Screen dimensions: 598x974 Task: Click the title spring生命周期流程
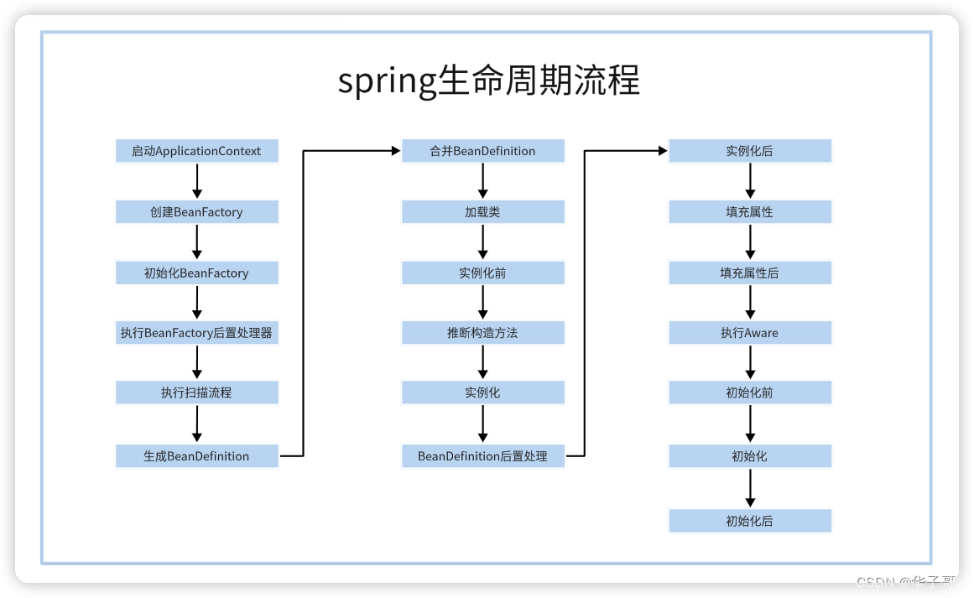click(488, 81)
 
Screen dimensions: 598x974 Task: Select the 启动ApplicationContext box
click(196, 151)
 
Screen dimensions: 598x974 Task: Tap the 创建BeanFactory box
click(196, 212)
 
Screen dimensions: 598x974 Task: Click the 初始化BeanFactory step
click(196, 273)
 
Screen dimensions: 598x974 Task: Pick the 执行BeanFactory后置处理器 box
click(196, 333)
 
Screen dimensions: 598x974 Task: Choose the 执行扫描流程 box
click(196, 393)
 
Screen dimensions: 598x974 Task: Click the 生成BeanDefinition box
click(196, 456)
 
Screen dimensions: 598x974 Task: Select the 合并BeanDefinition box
click(482, 151)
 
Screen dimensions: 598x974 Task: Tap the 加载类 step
click(482, 212)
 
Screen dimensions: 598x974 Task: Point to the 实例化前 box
click(482, 273)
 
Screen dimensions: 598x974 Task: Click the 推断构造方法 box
click(482, 333)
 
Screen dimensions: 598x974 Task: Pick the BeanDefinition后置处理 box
click(482, 456)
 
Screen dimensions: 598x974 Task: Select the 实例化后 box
click(750, 151)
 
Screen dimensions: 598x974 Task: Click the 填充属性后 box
click(750, 273)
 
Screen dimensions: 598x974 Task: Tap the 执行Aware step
click(750, 333)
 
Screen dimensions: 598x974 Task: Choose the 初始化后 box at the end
click(750, 521)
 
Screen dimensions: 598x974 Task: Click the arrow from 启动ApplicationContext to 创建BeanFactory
click(197, 181)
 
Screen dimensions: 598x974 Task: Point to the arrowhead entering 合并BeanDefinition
click(395, 151)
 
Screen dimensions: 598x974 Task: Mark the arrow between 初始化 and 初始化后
click(750, 488)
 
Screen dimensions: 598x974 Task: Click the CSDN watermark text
click(909, 582)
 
